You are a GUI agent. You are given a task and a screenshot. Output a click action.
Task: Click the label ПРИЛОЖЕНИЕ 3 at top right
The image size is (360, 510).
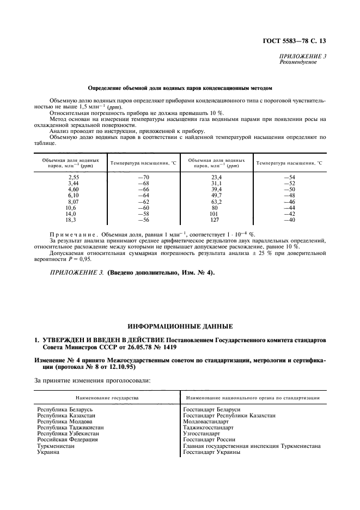[303, 56]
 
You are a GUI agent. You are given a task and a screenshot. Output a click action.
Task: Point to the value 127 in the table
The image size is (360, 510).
[213, 220]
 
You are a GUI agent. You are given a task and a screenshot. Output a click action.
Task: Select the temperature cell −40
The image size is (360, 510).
[285, 220]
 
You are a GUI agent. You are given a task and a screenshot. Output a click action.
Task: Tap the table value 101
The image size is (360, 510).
[213, 214]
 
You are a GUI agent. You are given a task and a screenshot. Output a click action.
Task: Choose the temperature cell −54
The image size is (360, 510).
[285, 178]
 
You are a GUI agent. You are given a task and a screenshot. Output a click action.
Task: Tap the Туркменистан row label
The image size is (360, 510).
[56, 446]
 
